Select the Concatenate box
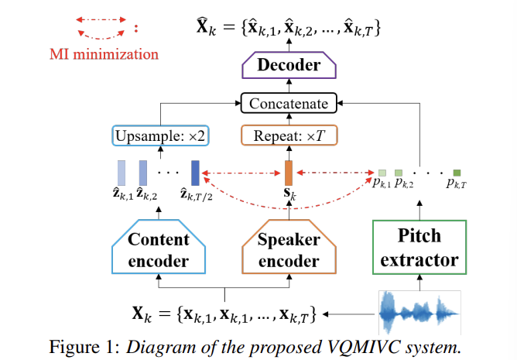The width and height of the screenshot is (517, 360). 288,103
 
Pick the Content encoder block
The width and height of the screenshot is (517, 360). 158,249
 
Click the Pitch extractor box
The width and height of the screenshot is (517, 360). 419,248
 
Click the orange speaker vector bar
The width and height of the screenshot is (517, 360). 288,171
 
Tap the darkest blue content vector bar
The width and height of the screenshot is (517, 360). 195,171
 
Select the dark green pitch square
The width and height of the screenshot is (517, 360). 457,172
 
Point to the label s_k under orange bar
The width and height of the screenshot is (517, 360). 289,192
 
